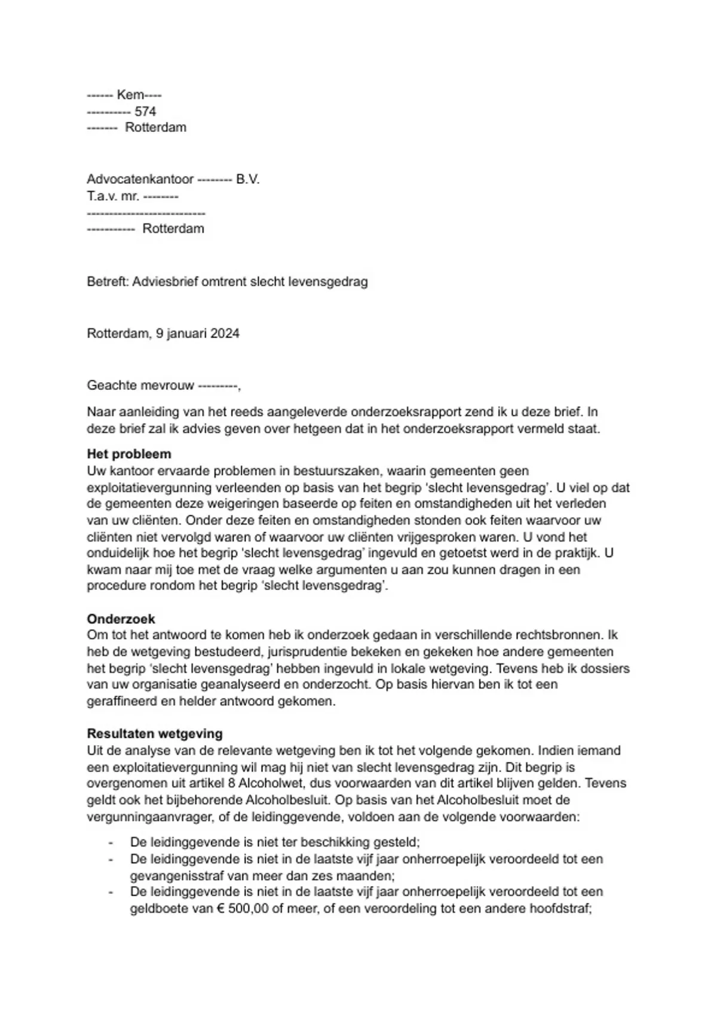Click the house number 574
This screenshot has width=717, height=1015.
[145, 111]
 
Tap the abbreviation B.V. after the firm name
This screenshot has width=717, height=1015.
[247, 179]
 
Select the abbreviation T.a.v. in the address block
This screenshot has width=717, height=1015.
[99, 196]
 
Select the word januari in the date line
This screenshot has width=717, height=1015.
[186, 333]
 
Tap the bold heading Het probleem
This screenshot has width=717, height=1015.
[128, 454]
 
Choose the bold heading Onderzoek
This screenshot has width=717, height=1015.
[121, 619]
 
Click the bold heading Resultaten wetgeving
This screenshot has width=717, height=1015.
[154, 733]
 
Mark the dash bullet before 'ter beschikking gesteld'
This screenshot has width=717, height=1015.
[111, 842]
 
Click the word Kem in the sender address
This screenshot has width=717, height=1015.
[130, 95]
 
